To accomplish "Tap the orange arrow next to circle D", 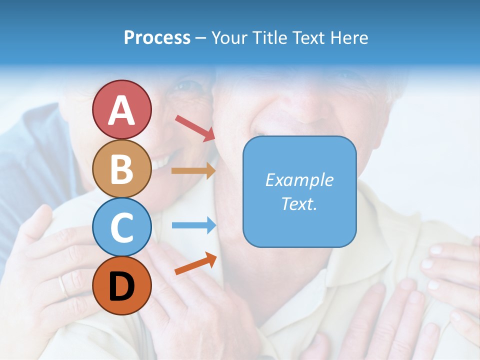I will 195,263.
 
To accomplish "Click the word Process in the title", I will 157,37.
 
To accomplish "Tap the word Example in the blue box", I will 299,180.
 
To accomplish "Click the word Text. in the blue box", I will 299,204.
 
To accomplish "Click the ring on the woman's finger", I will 62,286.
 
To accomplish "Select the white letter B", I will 121,169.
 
